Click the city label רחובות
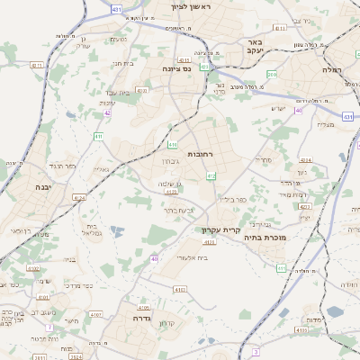[x=200, y=155]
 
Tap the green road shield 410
[x=172, y=144]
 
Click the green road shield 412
[x=211, y=175]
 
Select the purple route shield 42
[x=107, y=112]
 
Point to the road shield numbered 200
[x=272, y=74]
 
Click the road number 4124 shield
[x=79, y=196]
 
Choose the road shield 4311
[x=37, y=66]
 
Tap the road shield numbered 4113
[x=280, y=28]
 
